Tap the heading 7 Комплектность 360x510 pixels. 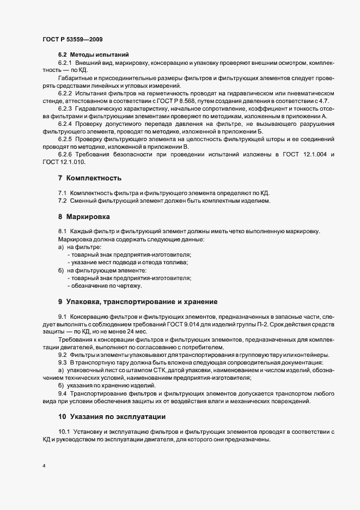tap(90, 178)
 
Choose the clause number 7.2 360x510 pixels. tap(63, 201)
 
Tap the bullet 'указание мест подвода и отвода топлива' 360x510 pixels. tap(129, 262)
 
